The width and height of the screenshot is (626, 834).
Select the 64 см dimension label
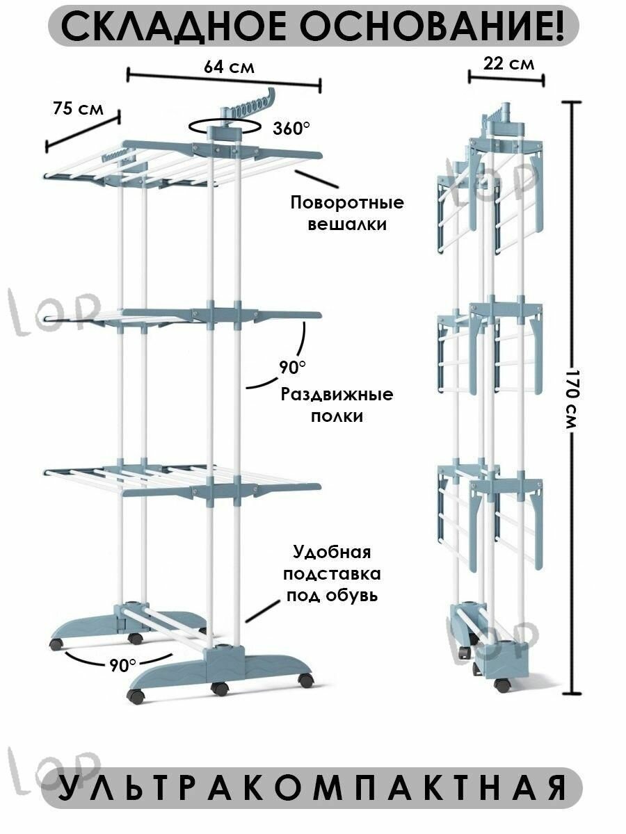(229, 67)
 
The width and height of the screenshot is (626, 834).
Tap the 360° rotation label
(291, 128)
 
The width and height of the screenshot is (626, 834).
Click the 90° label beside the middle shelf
(293, 366)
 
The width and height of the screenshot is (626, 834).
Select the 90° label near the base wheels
(123, 665)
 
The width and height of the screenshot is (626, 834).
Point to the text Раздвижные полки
(337, 405)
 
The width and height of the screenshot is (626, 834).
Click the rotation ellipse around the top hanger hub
(224, 126)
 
